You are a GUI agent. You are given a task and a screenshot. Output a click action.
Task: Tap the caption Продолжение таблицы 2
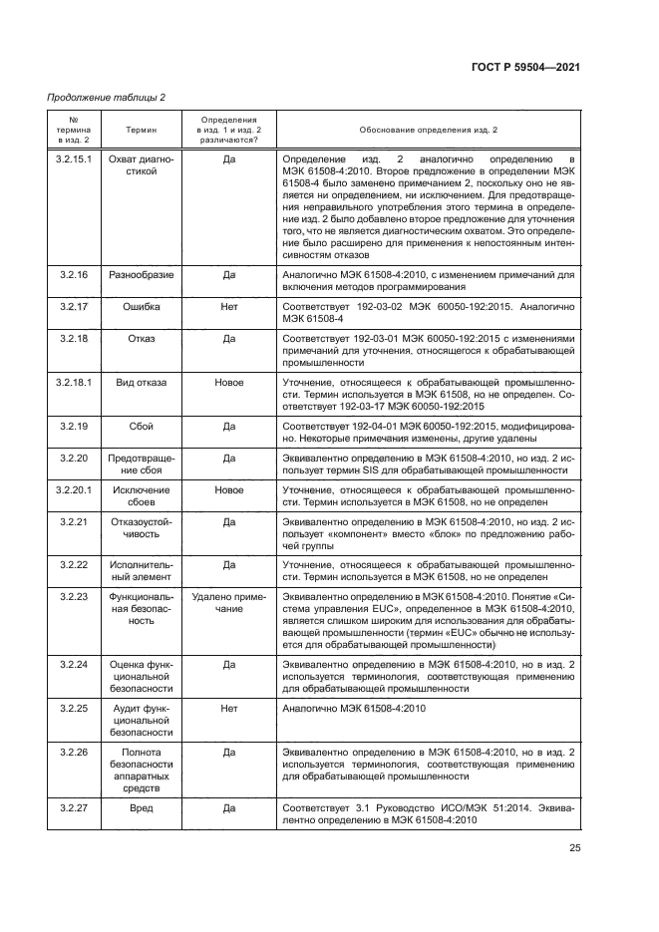pyautogui.click(x=107, y=97)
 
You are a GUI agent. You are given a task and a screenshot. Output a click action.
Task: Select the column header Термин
pyautogui.click(x=141, y=131)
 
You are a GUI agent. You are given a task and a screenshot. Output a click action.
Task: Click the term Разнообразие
pyautogui.click(x=141, y=274)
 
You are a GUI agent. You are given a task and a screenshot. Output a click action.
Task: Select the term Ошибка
pyautogui.click(x=141, y=308)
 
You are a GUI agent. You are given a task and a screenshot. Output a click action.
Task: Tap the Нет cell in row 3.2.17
pyautogui.click(x=228, y=308)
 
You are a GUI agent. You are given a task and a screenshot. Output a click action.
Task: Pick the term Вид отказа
pyautogui.click(x=141, y=382)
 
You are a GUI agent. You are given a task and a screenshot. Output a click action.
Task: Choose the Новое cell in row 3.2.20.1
pyautogui.click(x=228, y=490)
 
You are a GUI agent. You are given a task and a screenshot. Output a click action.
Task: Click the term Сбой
pyautogui.click(x=141, y=426)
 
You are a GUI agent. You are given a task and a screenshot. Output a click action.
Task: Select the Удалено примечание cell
pyautogui.click(x=228, y=601)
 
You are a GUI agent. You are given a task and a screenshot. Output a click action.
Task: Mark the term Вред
pyautogui.click(x=141, y=808)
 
